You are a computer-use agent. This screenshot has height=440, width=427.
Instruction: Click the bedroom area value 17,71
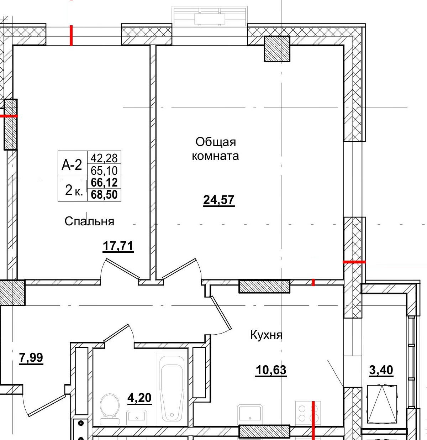pyautogui.click(x=118, y=246)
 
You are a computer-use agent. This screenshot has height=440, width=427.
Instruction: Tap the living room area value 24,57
pyautogui.click(x=219, y=200)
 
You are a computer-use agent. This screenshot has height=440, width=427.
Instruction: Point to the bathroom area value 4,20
pyautogui.click(x=139, y=398)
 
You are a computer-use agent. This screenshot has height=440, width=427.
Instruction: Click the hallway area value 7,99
pyautogui.click(x=31, y=358)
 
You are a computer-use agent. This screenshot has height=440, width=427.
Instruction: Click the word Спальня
pyautogui.click(x=89, y=221)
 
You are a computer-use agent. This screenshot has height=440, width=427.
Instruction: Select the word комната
pyautogui.click(x=215, y=156)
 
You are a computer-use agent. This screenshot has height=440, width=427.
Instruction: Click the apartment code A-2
pyautogui.click(x=72, y=164)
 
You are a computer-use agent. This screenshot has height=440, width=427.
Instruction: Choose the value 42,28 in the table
pyautogui.click(x=104, y=158)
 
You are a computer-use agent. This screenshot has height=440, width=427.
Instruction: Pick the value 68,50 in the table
pyautogui.click(x=104, y=194)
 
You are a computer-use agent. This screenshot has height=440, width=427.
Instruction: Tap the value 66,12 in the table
pyautogui.click(x=104, y=182)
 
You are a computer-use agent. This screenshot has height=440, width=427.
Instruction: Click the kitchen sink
pyautogui.click(x=250, y=415)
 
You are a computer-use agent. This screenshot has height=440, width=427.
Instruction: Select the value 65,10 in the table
pyautogui.click(x=104, y=171)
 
